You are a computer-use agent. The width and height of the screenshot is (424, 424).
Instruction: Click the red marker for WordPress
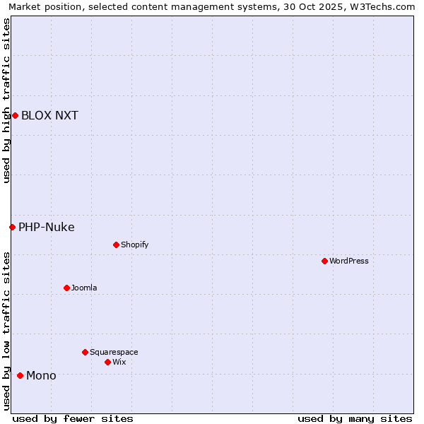point(324,261)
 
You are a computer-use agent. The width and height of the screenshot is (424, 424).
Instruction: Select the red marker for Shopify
point(116,245)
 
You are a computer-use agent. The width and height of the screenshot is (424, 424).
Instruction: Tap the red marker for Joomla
point(66,288)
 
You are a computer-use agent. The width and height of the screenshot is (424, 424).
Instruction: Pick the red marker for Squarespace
point(85,352)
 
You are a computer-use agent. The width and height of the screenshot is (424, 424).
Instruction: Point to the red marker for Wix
point(107,362)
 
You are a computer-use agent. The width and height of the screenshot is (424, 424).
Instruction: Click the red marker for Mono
point(20,375)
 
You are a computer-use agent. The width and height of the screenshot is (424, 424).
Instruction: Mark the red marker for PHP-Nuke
point(12,227)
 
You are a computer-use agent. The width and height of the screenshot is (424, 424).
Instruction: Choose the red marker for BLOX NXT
point(15,115)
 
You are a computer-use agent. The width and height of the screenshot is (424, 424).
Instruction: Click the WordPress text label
point(349,261)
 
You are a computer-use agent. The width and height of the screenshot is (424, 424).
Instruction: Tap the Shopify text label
point(135,245)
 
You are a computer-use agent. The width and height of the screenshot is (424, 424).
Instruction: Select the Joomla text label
point(84,288)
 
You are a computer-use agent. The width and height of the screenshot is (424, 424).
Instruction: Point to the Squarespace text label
point(114,353)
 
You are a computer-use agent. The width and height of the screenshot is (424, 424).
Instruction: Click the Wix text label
point(119,363)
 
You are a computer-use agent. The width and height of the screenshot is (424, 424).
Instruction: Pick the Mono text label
point(41,376)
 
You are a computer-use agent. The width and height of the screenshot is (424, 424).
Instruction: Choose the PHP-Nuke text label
point(47,228)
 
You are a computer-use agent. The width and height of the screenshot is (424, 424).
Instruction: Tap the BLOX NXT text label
point(49,116)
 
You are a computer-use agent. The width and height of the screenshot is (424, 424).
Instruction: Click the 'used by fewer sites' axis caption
point(73,418)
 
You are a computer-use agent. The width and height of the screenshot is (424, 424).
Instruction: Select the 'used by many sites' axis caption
point(355,418)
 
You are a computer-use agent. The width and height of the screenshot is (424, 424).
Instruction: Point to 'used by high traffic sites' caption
point(7,100)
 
